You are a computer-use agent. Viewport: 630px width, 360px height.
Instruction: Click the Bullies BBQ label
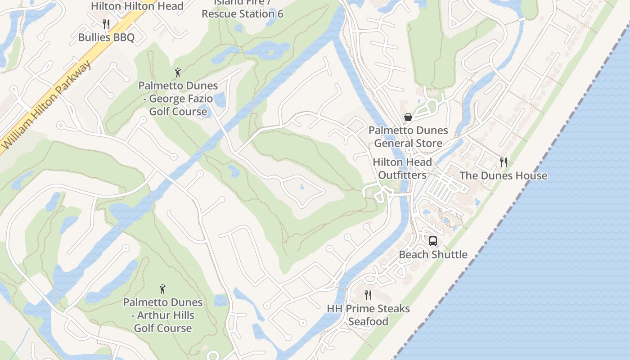106,37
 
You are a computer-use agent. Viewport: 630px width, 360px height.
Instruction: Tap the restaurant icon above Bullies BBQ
106,23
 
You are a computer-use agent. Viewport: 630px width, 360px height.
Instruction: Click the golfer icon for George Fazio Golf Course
178,72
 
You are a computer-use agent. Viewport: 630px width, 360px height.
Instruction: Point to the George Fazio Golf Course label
178,99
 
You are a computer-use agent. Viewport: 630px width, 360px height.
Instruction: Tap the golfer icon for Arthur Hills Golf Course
162,289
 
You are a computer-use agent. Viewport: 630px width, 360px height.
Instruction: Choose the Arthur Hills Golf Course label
162,315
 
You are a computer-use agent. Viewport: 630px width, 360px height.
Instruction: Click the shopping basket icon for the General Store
408,117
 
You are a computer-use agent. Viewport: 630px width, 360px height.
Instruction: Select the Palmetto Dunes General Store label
408,137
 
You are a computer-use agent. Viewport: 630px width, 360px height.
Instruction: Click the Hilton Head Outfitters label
402,169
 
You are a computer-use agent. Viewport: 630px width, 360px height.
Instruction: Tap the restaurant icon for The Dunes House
504,162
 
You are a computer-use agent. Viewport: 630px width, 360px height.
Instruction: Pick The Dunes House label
503,176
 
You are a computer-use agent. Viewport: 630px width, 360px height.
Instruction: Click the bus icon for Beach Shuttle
433,241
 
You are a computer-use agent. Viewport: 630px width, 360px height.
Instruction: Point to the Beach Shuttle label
433,255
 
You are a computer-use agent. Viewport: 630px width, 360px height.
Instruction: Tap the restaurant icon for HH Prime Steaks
368,295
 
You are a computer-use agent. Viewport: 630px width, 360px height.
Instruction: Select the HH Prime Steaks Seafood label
368,315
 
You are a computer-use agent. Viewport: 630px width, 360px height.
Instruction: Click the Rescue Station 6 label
242,13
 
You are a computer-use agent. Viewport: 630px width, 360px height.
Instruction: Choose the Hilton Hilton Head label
137,6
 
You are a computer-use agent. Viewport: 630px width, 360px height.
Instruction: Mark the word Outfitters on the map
402,175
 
